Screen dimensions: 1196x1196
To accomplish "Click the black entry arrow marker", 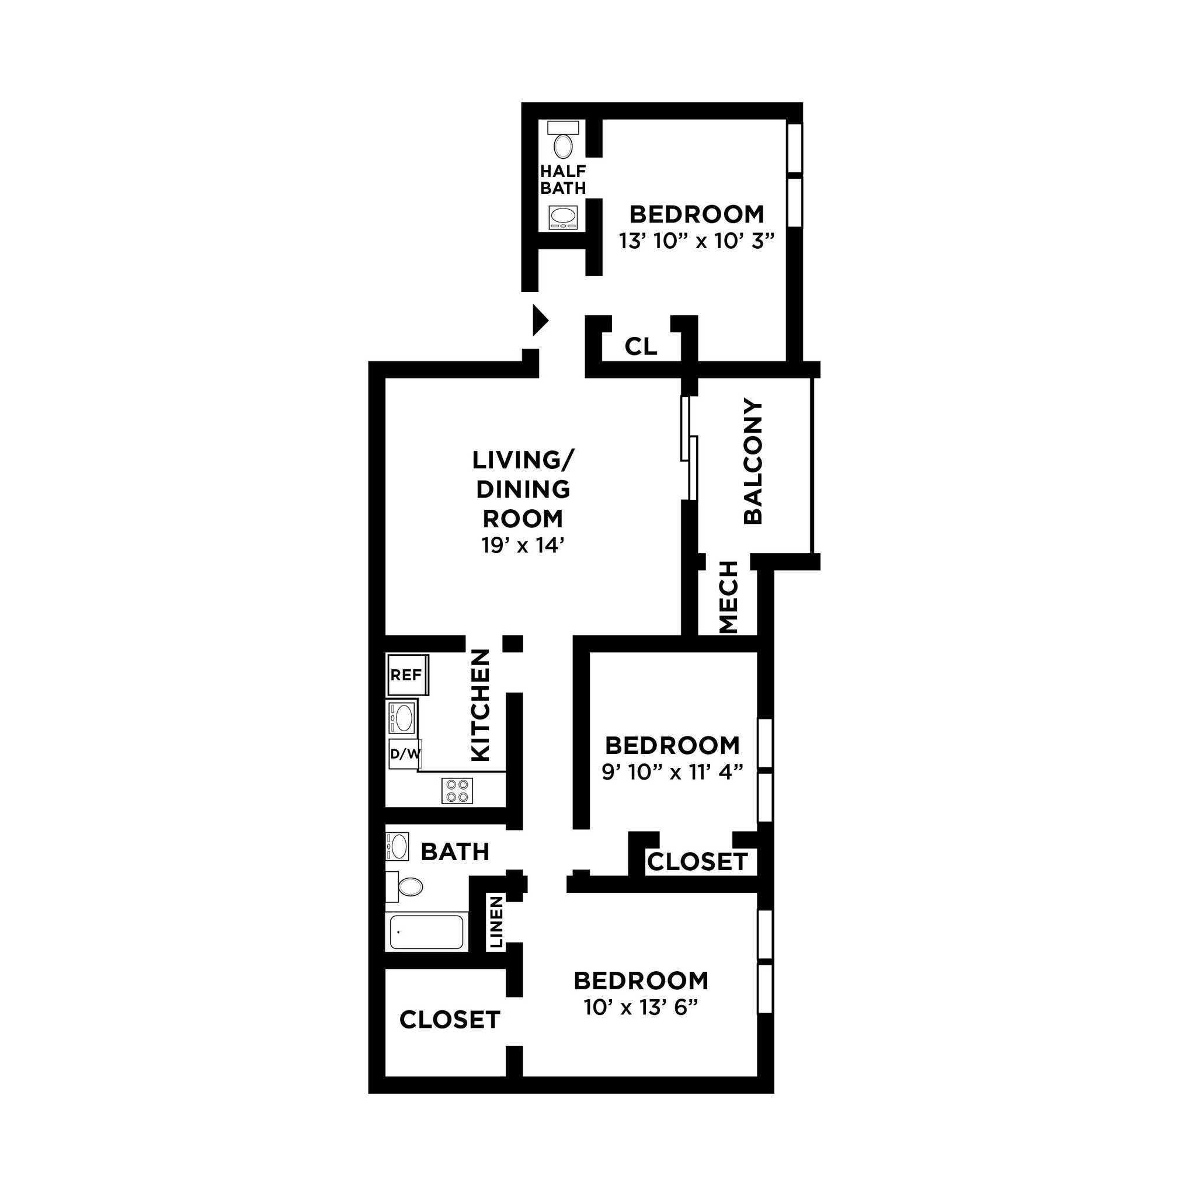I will pos(540,320).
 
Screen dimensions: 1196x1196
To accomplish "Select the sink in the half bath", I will pos(564,218).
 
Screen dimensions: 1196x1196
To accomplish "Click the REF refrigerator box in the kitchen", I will pos(406,675).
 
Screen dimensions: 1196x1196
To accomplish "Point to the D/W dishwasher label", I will pos(405,753).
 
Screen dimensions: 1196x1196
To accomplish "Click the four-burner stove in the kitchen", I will pos(457,791).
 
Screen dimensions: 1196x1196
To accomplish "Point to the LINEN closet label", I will pos(496,922).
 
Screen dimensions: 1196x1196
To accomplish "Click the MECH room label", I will pos(729,597).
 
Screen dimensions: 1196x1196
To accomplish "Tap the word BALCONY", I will pos(753,461).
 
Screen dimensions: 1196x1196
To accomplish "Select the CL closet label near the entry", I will pos(641,347).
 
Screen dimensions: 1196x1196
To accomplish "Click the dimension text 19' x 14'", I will pos(523,545).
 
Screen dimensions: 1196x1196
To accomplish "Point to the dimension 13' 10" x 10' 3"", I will pos(697,241).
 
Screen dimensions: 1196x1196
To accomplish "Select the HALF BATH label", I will pos(563,179).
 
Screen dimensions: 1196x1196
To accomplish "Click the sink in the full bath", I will pos(398,846).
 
